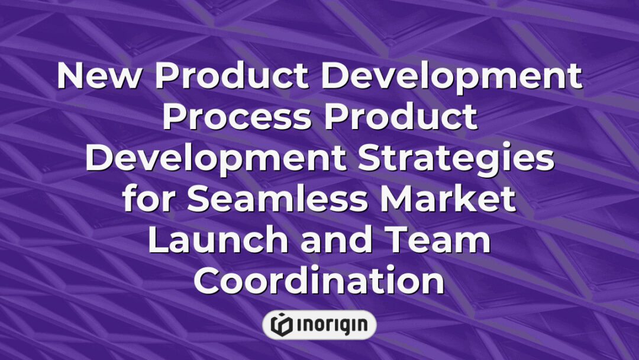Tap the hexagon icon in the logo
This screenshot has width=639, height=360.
(281, 324)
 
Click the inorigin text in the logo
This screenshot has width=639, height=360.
(331, 324)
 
